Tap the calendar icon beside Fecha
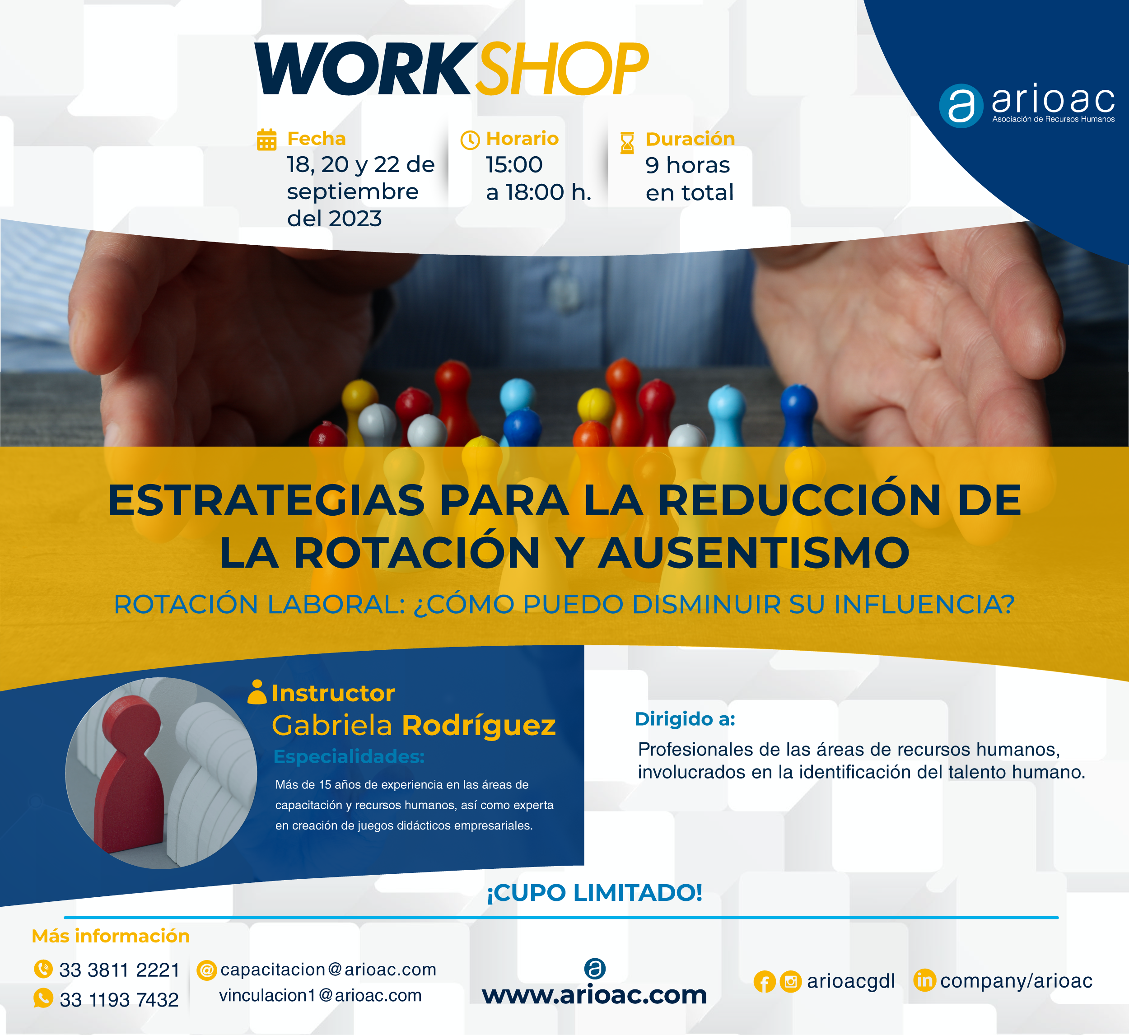click(x=266, y=140)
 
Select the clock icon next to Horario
click(x=470, y=140)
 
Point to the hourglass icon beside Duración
click(x=627, y=143)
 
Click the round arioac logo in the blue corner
click(x=961, y=106)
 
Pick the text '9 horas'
click(x=687, y=165)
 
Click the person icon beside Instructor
click(x=257, y=692)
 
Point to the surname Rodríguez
click(x=479, y=725)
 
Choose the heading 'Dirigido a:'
click(x=684, y=718)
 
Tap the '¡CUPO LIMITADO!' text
click(x=594, y=893)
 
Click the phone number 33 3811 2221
click(x=119, y=970)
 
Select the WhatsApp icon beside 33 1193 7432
click(x=43, y=998)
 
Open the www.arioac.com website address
click(x=594, y=995)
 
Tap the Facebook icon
click(x=765, y=982)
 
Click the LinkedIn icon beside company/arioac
click(x=924, y=980)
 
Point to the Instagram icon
click(x=791, y=982)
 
